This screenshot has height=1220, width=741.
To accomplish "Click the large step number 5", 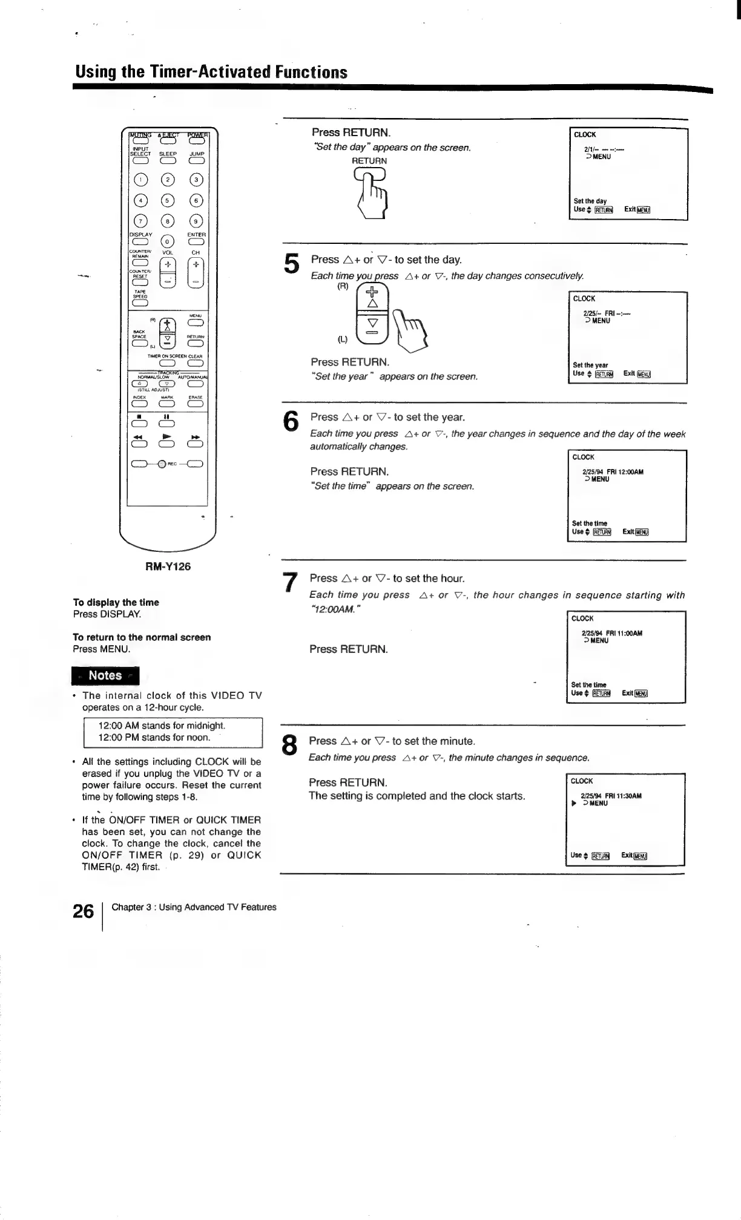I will pyautogui.click(x=291, y=264).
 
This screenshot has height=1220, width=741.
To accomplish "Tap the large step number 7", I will pyautogui.click(x=291, y=582).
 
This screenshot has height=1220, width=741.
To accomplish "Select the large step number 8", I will pyautogui.click(x=290, y=745).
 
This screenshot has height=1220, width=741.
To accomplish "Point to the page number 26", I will pyautogui.click(x=83, y=911).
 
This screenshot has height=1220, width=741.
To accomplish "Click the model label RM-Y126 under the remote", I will pyautogui.click(x=168, y=566).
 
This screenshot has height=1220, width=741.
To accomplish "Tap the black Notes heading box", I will pyautogui.click(x=105, y=675).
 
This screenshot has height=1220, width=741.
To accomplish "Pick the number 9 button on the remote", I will pyautogui.click(x=196, y=221).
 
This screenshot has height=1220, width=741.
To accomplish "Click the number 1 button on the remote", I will pyautogui.click(x=140, y=180).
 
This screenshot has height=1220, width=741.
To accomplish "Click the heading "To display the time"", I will pyautogui.click(x=116, y=602).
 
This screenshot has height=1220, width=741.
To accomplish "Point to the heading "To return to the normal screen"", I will pyautogui.click(x=142, y=637).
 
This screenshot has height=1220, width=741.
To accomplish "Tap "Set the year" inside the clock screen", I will pyautogui.click(x=590, y=365).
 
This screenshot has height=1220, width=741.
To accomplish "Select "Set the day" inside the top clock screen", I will pyautogui.click(x=590, y=201).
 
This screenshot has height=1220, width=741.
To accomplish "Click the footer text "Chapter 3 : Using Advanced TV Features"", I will pyautogui.click(x=194, y=907).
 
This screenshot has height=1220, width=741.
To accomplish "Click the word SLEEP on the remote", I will pyautogui.click(x=168, y=154).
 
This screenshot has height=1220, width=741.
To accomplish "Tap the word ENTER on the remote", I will pyautogui.click(x=196, y=234).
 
